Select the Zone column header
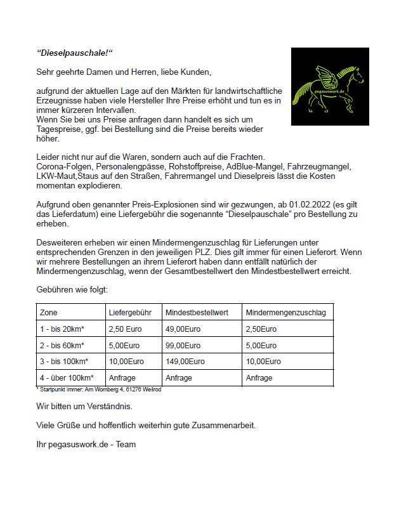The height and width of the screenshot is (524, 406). coord(49,313)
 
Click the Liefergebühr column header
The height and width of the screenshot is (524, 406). coord(130,313)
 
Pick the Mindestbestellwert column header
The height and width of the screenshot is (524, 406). coord(197,313)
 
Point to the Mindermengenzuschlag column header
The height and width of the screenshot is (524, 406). coord(285,313)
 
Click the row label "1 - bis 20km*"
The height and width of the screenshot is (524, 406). coord(62,329)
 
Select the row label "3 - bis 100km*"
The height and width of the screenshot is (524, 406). coord(64,362)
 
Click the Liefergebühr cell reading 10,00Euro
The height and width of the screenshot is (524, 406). coord(126,362)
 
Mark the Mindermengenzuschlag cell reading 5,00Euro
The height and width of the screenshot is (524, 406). coord(261,346)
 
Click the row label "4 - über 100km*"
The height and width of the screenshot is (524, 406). coord(67,378)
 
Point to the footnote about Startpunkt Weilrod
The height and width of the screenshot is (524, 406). coord(98,390)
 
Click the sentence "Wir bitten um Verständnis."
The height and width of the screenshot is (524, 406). coord(84,405)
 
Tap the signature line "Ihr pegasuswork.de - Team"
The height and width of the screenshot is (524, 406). coord(86,445)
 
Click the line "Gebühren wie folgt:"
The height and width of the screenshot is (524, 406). coord(72,289)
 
